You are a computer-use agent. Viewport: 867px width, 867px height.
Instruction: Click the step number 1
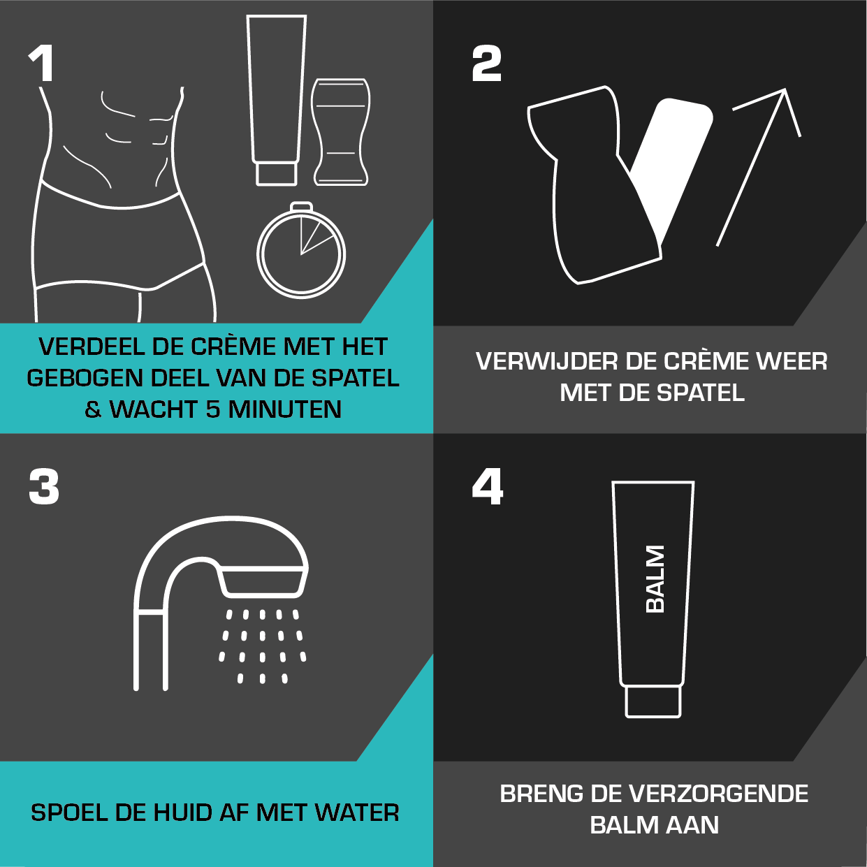tap(42, 64)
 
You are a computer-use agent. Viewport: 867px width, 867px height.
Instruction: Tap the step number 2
tap(487, 64)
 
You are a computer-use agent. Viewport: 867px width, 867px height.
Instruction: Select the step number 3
tap(44, 487)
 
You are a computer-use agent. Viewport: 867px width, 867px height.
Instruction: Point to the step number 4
tap(488, 487)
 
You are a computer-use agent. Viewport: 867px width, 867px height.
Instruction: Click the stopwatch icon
tap(301, 253)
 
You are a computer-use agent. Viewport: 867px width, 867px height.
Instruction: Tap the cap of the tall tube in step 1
tap(277, 173)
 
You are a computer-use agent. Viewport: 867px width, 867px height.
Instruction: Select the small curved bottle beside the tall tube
tap(340, 132)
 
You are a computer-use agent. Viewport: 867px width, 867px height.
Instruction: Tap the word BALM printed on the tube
tap(655, 579)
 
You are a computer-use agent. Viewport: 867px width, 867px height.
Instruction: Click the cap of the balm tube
tap(653, 701)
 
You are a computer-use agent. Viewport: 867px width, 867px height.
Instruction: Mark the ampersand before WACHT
tap(93, 409)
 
